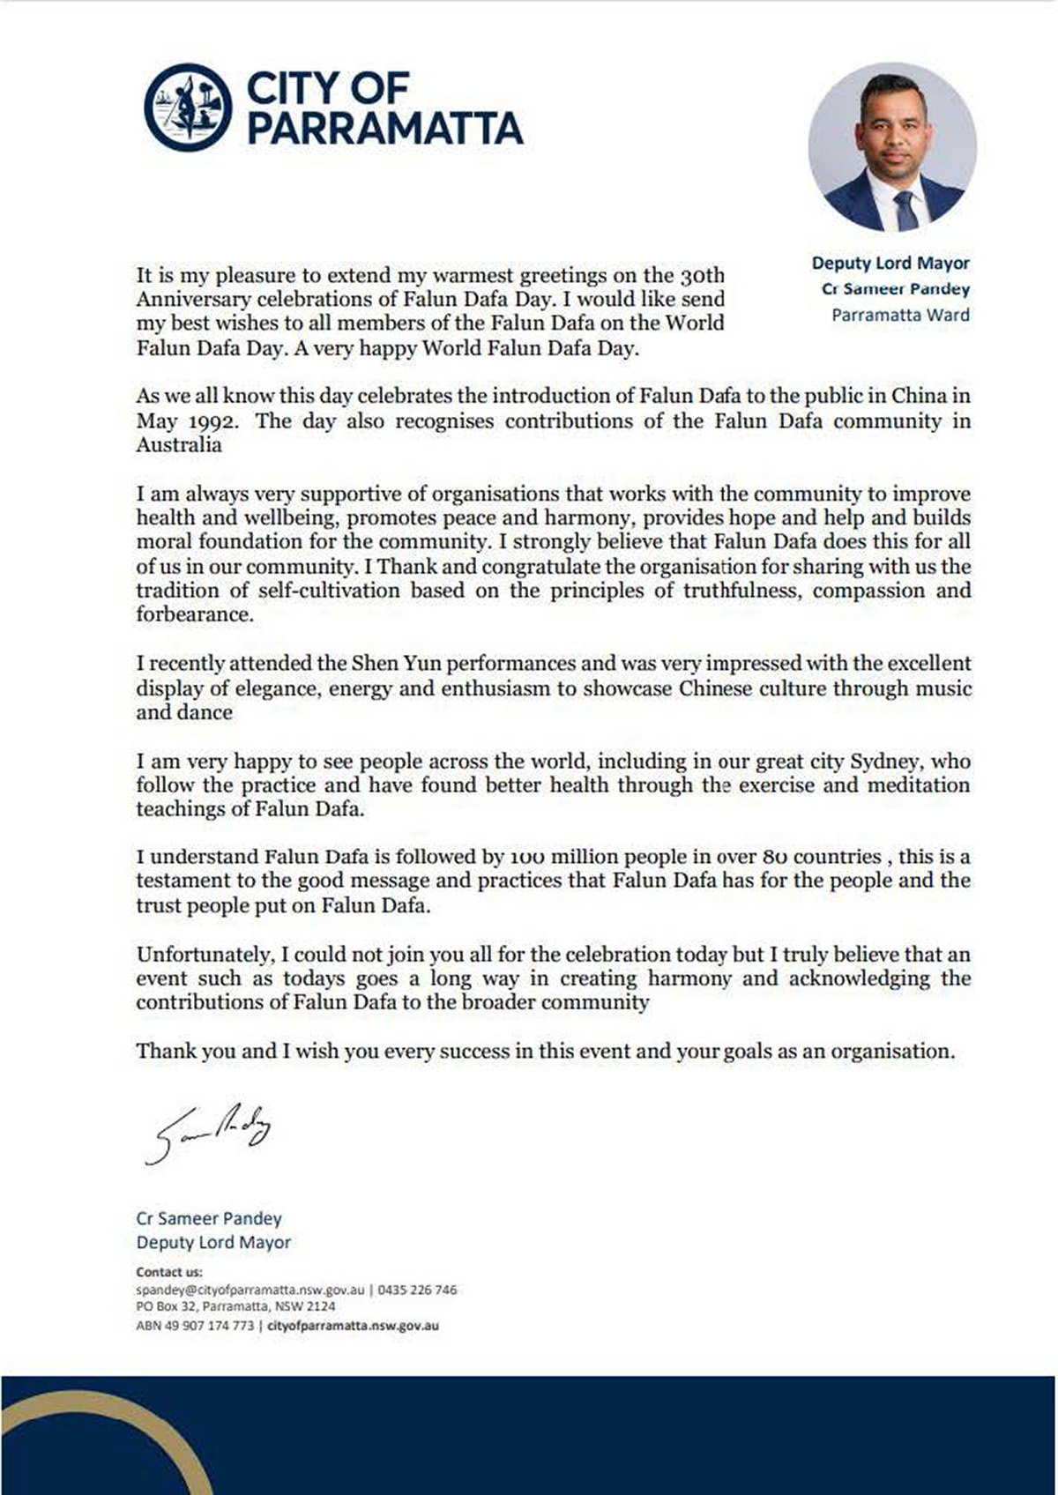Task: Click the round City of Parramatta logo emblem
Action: coord(188,108)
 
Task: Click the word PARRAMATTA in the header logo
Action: coord(384,129)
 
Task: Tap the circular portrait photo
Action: coord(891,147)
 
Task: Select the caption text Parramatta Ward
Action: coord(900,315)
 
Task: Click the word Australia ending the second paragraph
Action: coord(179,445)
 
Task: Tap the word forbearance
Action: coord(194,614)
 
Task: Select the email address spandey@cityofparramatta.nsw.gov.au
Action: coord(250,1290)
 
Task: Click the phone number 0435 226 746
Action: coord(417,1290)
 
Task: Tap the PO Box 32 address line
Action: coord(235,1306)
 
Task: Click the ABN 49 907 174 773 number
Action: coord(195,1325)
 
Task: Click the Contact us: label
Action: coord(169,1272)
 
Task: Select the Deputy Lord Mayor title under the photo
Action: coord(890,263)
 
